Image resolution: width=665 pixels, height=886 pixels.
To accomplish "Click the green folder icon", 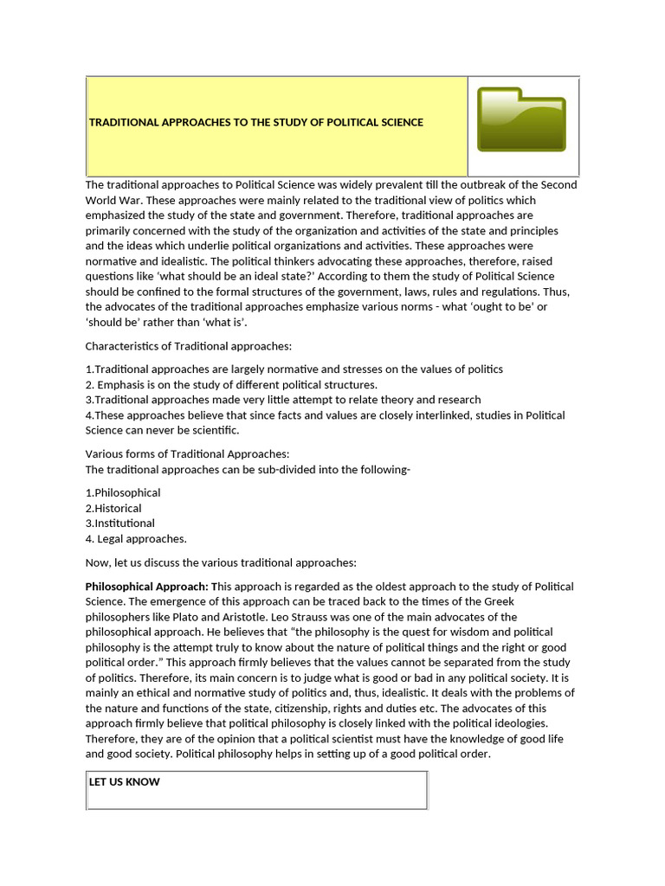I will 522,119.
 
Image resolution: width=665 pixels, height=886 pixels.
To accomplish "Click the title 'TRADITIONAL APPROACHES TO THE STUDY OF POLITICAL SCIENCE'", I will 256,122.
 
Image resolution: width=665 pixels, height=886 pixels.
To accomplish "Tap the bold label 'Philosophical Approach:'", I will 146,587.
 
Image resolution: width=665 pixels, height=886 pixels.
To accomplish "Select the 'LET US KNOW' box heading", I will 125,782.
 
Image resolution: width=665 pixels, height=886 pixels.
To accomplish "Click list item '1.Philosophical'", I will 123,492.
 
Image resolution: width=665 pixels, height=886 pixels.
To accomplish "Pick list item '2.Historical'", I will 113,508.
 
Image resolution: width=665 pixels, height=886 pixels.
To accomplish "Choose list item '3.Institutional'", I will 120,523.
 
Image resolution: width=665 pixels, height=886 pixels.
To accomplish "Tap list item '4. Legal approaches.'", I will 136,539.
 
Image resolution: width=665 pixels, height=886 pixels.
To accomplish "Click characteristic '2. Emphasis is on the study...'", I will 231,384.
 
